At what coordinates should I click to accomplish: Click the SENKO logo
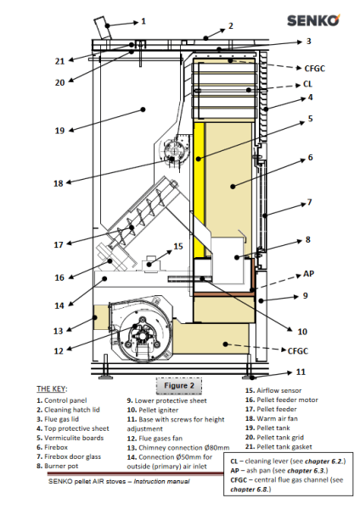point(313,20)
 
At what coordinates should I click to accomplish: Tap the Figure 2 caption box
point(179,386)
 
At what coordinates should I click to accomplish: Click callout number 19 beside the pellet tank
point(59,131)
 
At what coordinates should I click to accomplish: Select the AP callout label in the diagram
point(308,274)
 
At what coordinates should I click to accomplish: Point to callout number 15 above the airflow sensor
point(178,246)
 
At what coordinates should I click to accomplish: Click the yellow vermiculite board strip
point(199,189)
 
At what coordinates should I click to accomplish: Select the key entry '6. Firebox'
point(53,447)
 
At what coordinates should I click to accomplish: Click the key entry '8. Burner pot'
point(58,466)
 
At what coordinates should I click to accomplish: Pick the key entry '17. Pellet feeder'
point(271,409)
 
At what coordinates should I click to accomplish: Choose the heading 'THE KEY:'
point(52,389)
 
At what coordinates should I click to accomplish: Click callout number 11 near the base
point(301,372)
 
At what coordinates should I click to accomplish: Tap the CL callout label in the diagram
point(307,84)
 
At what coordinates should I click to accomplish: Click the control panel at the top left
point(103,28)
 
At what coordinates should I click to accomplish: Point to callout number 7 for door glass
point(309,203)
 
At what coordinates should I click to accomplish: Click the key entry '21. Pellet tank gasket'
point(278,447)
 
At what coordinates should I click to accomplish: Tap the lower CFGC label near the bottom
point(298,351)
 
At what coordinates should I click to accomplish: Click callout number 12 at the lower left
point(59,351)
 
